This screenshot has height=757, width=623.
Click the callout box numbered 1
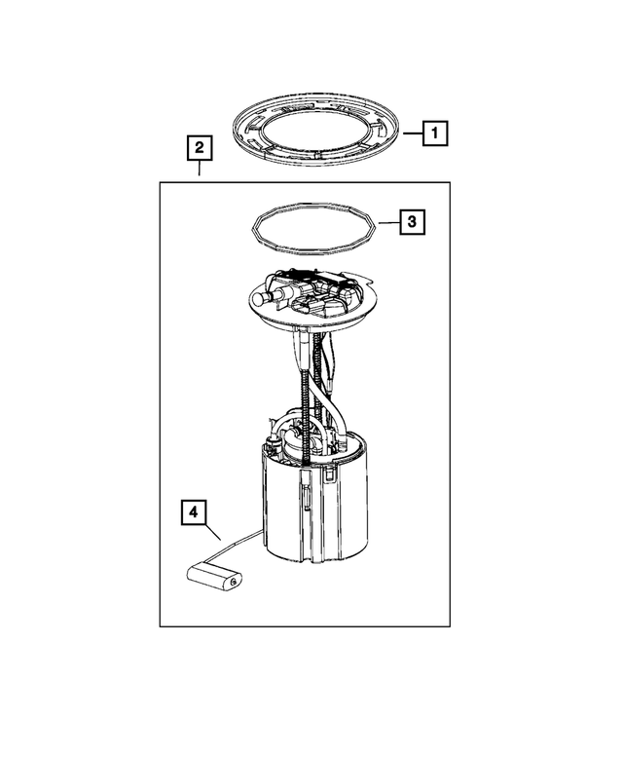[435, 132]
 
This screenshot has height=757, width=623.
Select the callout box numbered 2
[199, 148]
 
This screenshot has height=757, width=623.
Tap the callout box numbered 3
[412, 223]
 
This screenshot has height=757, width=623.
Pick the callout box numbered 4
[192, 511]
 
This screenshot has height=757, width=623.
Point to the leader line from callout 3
[387, 223]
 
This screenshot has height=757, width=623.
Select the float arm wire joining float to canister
[244, 543]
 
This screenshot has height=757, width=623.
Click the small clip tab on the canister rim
[332, 474]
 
